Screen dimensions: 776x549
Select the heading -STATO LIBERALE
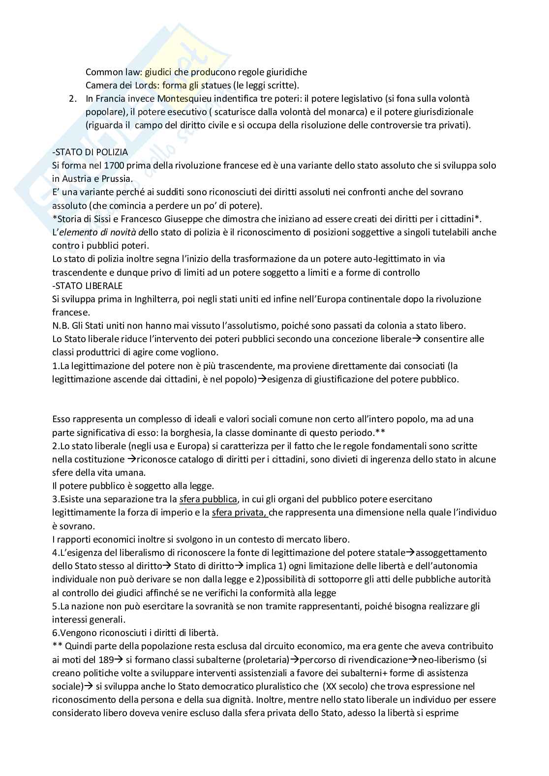pyautogui.click(x=88, y=286)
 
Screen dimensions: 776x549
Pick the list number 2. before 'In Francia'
pyautogui.click(x=73, y=99)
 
